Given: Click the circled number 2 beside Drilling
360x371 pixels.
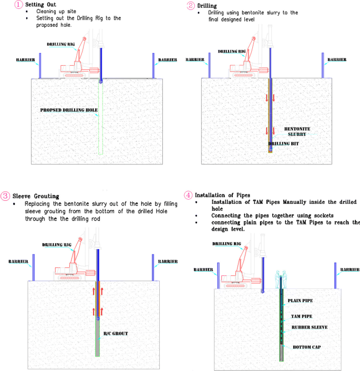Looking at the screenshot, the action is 191,5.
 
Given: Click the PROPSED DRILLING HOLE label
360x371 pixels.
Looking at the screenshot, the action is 69,110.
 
